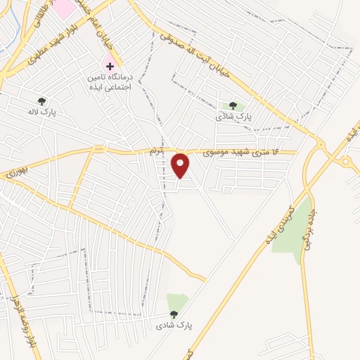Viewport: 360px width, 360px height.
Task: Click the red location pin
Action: (181, 165)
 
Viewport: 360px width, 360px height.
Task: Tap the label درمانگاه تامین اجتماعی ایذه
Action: (108, 80)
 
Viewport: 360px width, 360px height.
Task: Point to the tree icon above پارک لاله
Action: (41, 101)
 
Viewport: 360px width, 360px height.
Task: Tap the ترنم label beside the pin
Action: (156, 151)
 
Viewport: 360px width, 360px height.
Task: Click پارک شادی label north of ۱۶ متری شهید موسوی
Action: (243, 115)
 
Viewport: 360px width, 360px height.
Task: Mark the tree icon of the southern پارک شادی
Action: (174, 314)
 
